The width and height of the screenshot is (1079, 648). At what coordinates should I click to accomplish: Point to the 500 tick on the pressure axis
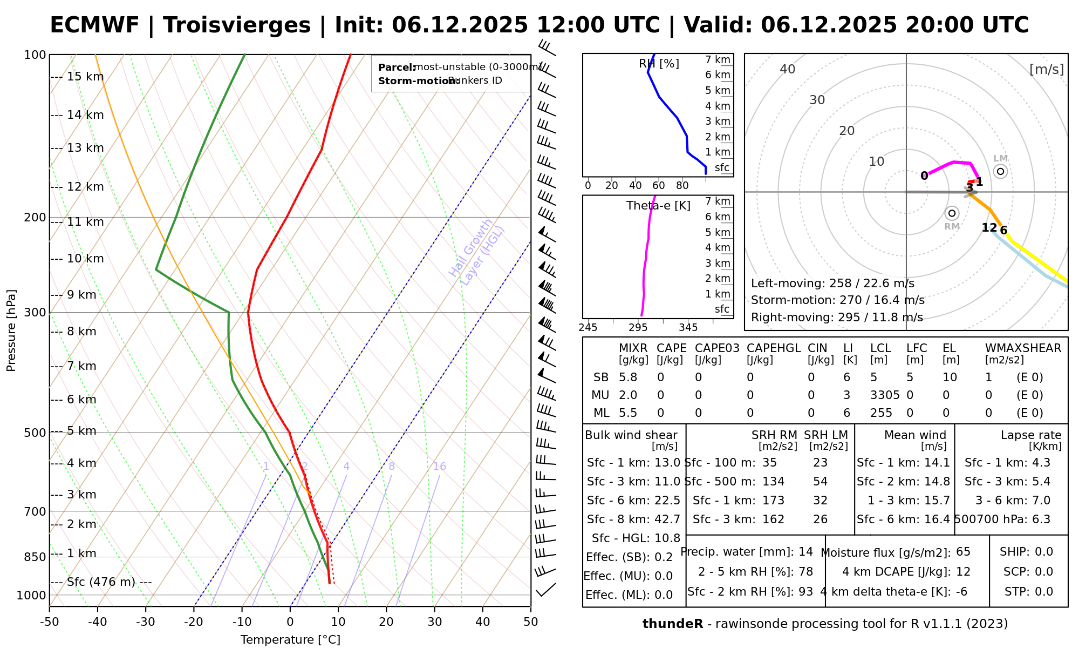point(35,433)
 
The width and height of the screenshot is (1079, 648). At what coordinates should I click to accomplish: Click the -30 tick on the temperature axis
point(146,622)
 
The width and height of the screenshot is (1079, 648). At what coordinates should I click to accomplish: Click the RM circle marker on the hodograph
point(952,213)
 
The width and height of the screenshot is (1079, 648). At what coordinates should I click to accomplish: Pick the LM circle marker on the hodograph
point(1001,172)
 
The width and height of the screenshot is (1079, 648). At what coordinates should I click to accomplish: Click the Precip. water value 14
point(805,552)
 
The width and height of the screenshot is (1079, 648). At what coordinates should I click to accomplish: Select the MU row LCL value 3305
point(885,395)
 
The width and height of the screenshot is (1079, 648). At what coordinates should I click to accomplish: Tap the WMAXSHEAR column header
point(1023,348)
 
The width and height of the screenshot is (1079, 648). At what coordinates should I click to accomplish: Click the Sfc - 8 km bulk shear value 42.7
point(667,519)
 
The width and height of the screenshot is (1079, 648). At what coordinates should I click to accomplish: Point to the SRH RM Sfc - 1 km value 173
point(773,501)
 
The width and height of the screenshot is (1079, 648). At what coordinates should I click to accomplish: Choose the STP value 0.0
point(1044,592)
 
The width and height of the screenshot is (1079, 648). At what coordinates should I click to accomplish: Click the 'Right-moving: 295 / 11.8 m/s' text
point(837,318)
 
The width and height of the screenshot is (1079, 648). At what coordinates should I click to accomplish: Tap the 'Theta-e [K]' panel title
point(658,206)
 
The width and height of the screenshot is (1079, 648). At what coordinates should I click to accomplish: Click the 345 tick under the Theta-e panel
point(688,328)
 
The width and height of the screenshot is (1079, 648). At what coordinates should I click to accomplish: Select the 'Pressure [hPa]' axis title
point(11,330)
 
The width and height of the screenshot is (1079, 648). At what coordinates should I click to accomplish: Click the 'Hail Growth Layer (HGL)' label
point(477,252)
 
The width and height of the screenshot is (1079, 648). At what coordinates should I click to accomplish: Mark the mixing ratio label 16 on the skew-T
point(439,467)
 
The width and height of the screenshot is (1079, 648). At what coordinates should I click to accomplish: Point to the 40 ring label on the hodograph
point(788,69)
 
